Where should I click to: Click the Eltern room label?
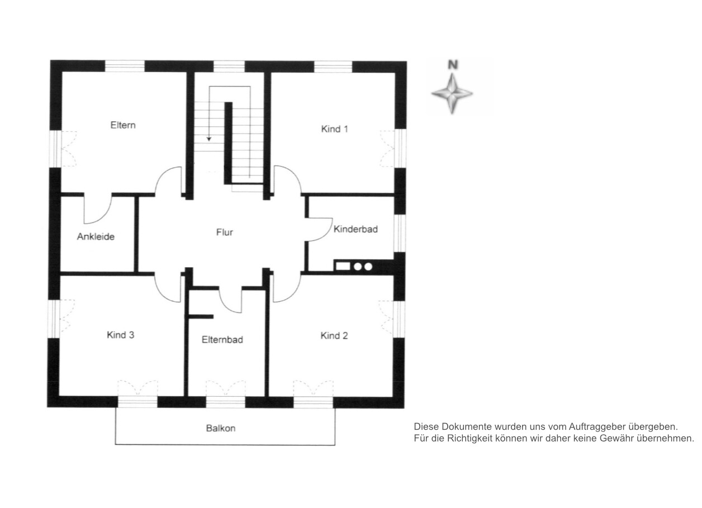coord(123,125)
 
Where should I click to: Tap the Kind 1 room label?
coord(334,129)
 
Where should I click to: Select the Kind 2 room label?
coord(334,336)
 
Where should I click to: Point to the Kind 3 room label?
coord(120,335)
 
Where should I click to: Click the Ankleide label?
coord(96,236)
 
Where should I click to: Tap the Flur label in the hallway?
coord(224,232)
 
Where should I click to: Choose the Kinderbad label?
coord(355,229)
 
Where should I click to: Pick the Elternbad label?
coord(222,340)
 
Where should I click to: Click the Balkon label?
coord(221,428)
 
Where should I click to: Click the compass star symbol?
coord(452,93)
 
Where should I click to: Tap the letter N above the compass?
coord(453,65)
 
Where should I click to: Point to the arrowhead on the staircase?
coord(208,139)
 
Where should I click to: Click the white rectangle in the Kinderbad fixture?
coord(343,267)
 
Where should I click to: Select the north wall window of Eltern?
coord(125,66)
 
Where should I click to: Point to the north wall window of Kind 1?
coord(333,67)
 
